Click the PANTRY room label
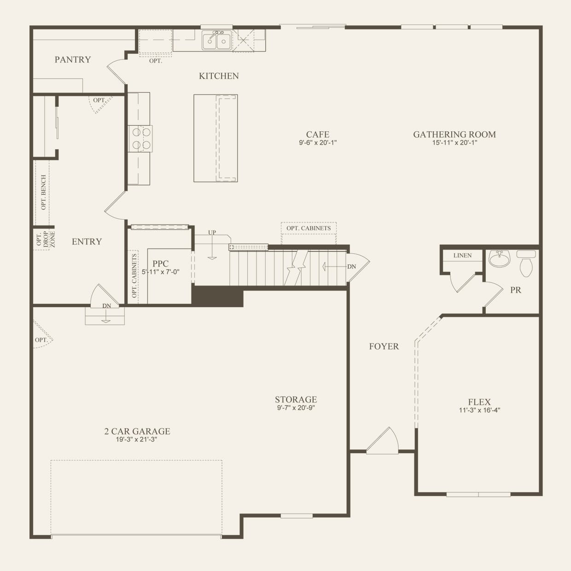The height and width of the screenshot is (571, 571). click(x=72, y=59)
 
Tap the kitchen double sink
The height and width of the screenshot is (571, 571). click(x=216, y=41)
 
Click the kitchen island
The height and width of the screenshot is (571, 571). click(x=215, y=138)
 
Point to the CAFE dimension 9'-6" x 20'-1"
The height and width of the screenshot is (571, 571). click(x=318, y=143)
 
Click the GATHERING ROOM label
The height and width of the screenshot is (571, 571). click(x=454, y=134)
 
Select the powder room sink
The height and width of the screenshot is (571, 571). click(x=499, y=259)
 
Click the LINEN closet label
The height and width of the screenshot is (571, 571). click(x=462, y=256)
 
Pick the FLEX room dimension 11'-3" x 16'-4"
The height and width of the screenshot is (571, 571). click(x=479, y=410)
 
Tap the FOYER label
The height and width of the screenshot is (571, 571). click(x=384, y=346)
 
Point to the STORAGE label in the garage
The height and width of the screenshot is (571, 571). click(x=296, y=399)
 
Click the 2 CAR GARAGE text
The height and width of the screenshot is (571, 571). click(x=137, y=431)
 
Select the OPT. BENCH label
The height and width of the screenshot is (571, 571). click(x=43, y=192)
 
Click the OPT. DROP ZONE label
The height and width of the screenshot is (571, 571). click(x=45, y=240)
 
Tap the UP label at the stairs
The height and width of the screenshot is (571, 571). click(x=212, y=233)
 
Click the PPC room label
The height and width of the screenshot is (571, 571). click(x=160, y=264)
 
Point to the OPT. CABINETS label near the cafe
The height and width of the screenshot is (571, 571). click(x=309, y=228)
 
